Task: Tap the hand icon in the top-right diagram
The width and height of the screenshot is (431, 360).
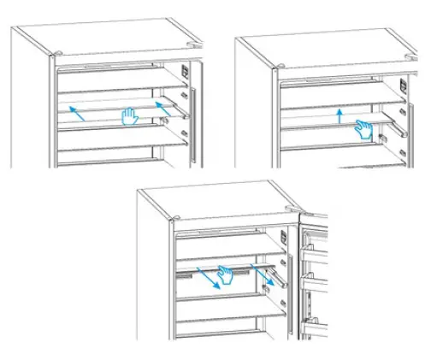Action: [365, 130]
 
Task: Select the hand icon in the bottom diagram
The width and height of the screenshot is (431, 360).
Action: [226, 274]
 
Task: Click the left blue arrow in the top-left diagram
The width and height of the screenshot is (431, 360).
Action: [77, 114]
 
